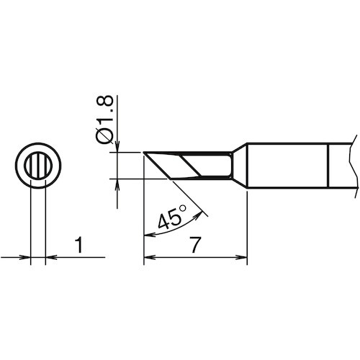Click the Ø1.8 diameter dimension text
pyautogui.click(x=104, y=120)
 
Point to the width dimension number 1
pyautogui.click(x=79, y=245)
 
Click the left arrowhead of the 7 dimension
pyautogui.click(x=149, y=257)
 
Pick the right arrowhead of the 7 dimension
pyautogui.click(x=242, y=257)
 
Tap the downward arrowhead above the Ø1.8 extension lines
pyautogui.click(x=117, y=147)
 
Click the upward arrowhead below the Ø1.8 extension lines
pyautogui.click(x=117, y=184)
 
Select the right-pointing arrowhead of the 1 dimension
pyautogui.click(x=26, y=258)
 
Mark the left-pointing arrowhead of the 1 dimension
pyautogui.click(x=51, y=258)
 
